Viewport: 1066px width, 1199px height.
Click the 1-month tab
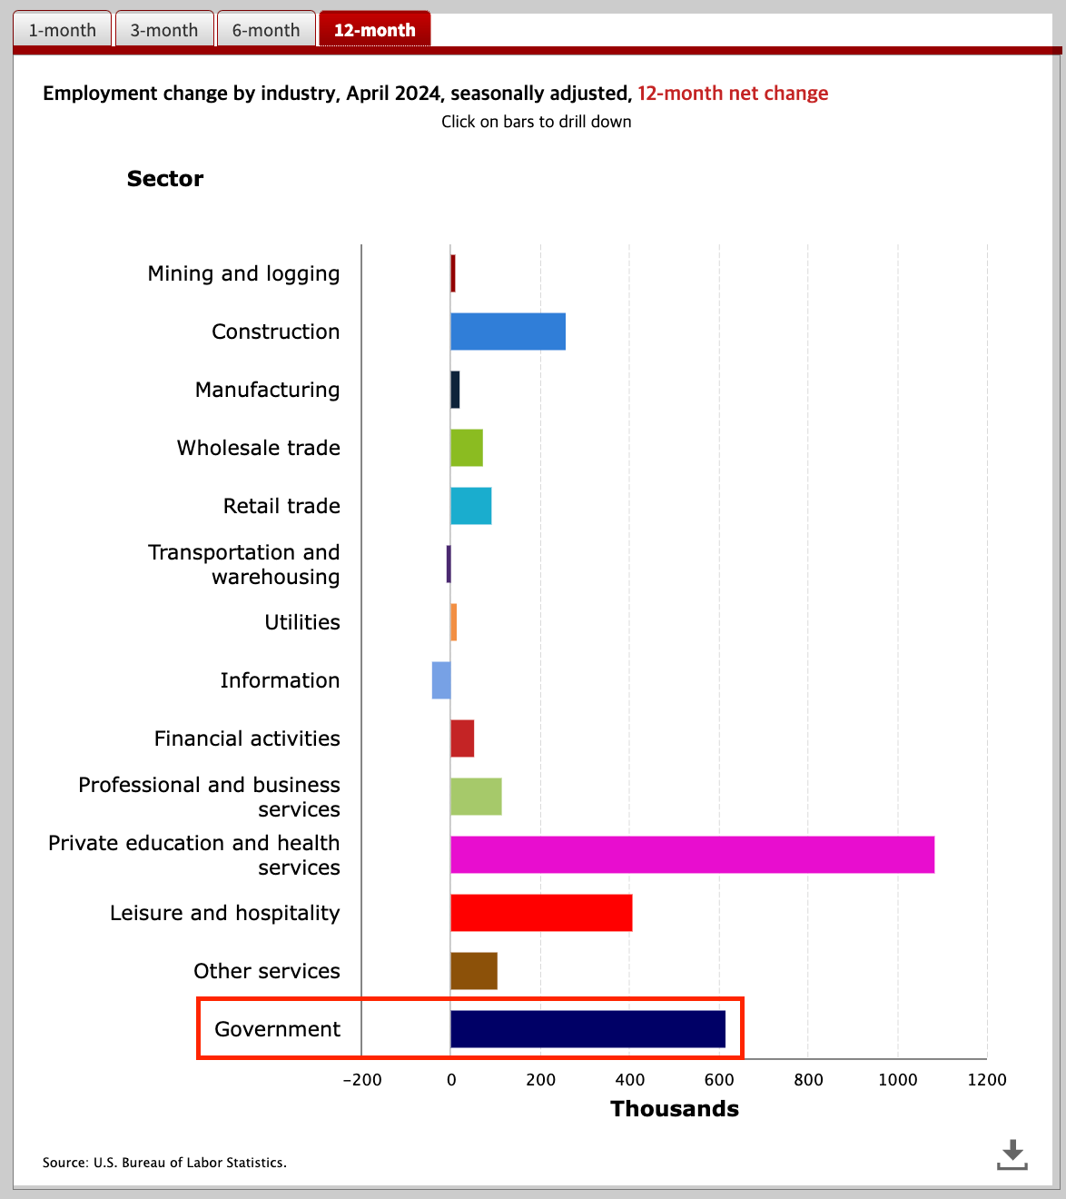(x=62, y=30)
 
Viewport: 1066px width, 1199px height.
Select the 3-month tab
(x=164, y=30)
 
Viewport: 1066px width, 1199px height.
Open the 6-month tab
(x=266, y=30)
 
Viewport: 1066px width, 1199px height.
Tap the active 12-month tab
(x=374, y=30)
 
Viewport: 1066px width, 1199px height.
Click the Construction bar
(x=508, y=332)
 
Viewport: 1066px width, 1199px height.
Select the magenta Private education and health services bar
(x=692, y=855)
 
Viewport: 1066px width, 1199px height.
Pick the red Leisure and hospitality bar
(x=541, y=913)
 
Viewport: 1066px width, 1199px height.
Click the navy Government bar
(x=587, y=1029)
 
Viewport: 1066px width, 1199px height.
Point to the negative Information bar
(x=441, y=680)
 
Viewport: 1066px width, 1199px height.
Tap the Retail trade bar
(x=470, y=506)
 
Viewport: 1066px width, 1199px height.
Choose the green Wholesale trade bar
(x=467, y=448)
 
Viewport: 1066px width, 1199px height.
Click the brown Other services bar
(x=474, y=971)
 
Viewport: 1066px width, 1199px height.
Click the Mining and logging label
(x=243, y=273)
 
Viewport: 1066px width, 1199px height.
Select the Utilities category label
(x=302, y=622)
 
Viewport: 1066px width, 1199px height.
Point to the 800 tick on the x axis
(x=808, y=1080)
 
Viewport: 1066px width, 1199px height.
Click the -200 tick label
(x=361, y=1080)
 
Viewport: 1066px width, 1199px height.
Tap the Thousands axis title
(x=675, y=1109)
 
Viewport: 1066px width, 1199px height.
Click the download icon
(x=1012, y=1154)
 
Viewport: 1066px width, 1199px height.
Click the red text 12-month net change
(x=733, y=94)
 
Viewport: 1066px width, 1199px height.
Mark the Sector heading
(x=165, y=179)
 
